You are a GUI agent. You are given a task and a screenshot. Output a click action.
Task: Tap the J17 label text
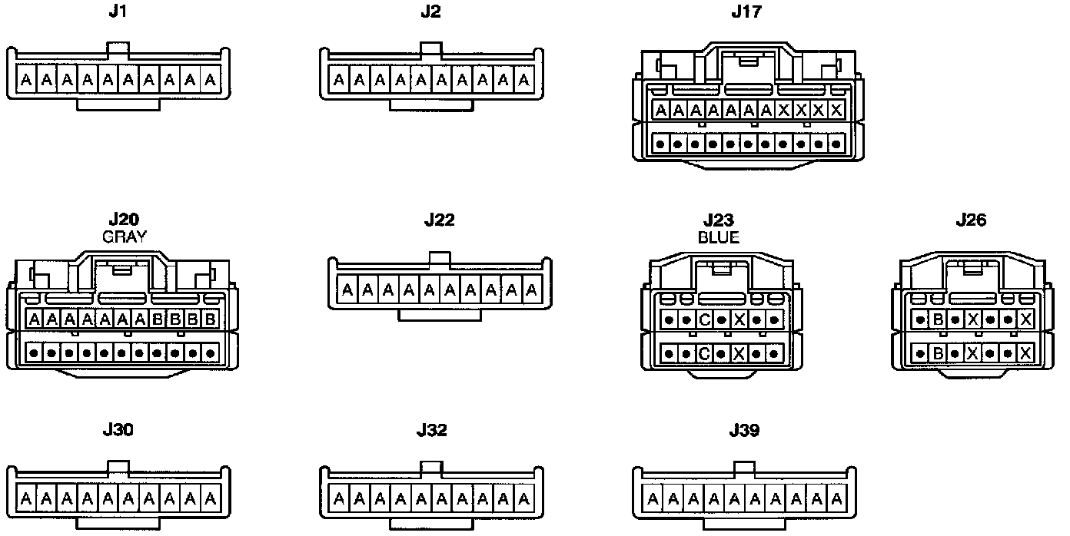click(x=745, y=12)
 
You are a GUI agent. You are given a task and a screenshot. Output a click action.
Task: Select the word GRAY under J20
click(x=124, y=237)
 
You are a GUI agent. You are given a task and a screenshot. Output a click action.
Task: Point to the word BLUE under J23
click(x=718, y=237)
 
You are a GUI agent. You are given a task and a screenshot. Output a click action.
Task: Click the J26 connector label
click(x=970, y=220)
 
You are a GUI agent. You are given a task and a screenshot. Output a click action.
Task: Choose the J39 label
click(x=743, y=430)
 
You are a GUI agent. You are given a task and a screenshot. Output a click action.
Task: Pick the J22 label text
click(x=439, y=220)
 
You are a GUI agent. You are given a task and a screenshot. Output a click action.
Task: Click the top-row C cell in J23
click(x=704, y=319)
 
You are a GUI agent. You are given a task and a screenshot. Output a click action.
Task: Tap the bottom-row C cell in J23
click(x=704, y=354)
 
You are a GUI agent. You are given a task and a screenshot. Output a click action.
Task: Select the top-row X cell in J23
click(x=739, y=319)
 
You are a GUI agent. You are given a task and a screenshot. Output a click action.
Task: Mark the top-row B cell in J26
click(x=938, y=319)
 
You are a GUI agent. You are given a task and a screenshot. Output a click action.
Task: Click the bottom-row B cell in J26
click(x=938, y=353)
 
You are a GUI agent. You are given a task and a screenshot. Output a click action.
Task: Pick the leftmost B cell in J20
click(x=157, y=319)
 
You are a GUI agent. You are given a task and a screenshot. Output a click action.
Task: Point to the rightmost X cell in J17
click(x=836, y=111)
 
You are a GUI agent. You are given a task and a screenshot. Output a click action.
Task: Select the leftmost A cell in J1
click(x=26, y=80)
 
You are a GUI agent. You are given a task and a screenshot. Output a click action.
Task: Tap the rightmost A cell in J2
click(x=523, y=80)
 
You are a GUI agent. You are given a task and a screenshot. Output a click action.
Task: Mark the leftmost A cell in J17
click(x=660, y=111)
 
